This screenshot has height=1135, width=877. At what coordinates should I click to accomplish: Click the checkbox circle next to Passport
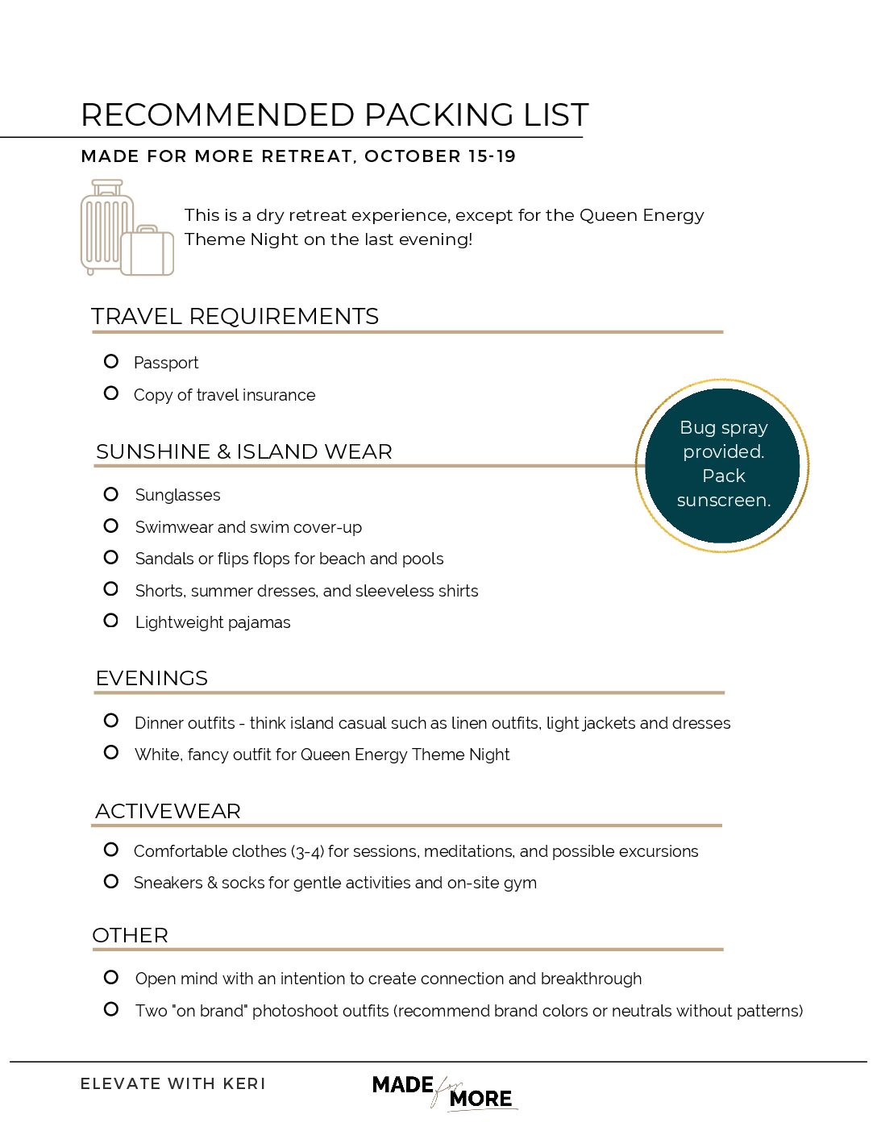[111, 361]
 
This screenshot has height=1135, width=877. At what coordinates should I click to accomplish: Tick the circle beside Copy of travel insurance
[111, 393]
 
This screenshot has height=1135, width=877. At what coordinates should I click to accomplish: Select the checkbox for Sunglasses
[111, 493]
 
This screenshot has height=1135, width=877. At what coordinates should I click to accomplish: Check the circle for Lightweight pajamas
[111, 621]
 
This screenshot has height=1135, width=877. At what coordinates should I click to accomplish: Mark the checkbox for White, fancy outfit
[111, 753]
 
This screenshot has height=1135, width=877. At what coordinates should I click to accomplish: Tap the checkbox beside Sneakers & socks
[111, 881]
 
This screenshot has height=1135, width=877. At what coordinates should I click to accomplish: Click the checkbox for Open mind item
[111, 977]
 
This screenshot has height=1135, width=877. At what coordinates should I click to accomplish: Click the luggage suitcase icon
[127, 228]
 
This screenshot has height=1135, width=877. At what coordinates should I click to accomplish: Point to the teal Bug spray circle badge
[723, 465]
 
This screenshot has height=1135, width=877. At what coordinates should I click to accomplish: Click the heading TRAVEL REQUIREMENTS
[235, 317]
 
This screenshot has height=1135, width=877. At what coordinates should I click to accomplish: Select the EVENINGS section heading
[152, 679]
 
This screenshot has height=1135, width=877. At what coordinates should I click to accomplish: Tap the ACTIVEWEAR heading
[168, 812]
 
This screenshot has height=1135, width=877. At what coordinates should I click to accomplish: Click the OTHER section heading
[131, 936]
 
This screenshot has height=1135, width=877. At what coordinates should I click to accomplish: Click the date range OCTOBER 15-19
[440, 156]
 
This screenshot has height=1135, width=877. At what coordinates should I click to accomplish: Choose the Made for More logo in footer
[443, 1092]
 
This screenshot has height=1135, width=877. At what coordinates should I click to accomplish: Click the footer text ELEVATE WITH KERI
[172, 1084]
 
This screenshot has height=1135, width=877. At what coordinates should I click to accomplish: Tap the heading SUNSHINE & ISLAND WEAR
[243, 452]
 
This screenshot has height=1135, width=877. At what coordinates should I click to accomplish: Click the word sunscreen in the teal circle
[723, 501]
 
